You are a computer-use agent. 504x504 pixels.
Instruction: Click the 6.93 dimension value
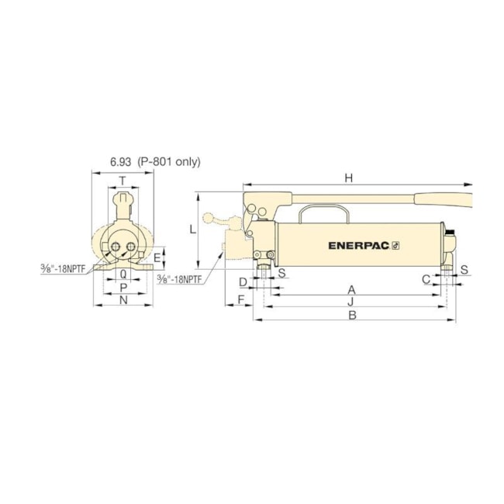pos(120,162)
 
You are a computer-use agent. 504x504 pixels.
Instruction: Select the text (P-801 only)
pos(168,162)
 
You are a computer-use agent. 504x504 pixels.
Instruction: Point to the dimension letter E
pos(157,257)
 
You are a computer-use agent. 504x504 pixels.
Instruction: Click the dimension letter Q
pos(123,274)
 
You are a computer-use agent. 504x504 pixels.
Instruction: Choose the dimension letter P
pos(123,287)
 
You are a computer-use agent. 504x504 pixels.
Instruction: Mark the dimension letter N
pos(123,300)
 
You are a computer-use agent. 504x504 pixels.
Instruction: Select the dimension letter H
pos(349,178)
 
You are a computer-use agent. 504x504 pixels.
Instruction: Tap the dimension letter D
pos(243,281)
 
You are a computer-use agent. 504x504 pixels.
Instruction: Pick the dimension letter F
pos(240,299)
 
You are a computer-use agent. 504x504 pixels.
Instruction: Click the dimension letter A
pos(352,288)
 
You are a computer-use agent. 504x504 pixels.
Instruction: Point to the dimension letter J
pos(352,301)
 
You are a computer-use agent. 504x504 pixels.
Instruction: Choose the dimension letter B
pos(352,316)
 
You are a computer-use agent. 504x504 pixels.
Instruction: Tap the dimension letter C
pos(426,279)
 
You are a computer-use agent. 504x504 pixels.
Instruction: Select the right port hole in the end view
pos(131,247)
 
